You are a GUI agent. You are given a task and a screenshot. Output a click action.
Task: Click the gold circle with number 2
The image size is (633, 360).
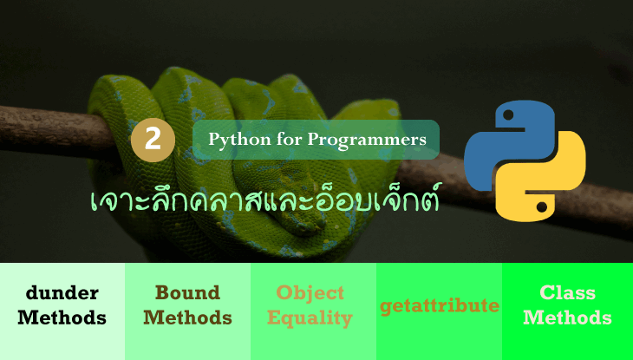pos(153,140)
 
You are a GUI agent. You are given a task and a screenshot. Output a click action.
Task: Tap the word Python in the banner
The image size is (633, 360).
pos(233,139)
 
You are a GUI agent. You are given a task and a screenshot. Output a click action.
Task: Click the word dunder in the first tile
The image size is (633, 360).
pos(62,292)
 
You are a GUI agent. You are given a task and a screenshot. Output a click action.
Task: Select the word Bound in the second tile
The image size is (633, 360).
pos(187,292)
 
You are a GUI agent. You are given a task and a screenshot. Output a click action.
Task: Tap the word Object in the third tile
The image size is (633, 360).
pos(310,292)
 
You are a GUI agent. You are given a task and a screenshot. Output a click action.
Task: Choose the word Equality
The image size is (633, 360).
pos(310,318)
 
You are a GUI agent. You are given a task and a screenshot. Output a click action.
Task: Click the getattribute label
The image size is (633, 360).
pos(440,305)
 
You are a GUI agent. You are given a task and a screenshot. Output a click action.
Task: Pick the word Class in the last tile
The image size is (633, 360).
pos(567,292)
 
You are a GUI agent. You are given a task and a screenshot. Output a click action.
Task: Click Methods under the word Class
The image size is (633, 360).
pos(567,318)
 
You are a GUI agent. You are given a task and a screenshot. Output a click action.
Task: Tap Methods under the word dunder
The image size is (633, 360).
pos(62,318)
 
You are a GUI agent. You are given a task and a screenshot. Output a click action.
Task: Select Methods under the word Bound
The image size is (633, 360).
pos(187,318)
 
